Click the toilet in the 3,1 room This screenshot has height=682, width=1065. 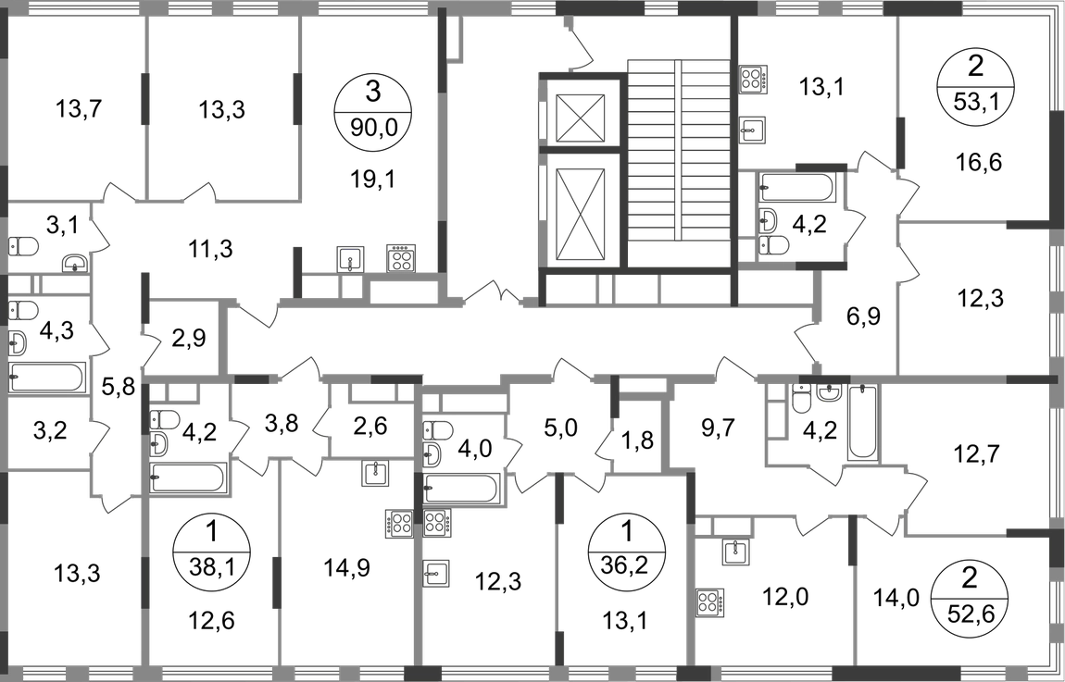[21, 245]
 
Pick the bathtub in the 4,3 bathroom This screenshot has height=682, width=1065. [47, 378]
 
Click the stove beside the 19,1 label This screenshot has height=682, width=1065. [400, 258]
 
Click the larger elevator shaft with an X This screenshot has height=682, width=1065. [580, 214]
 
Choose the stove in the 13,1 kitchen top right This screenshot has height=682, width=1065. [753, 79]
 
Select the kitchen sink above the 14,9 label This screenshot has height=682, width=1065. [376, 473]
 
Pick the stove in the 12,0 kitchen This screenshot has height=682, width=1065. [709, 601]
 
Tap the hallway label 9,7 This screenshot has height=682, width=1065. [717, 428]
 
